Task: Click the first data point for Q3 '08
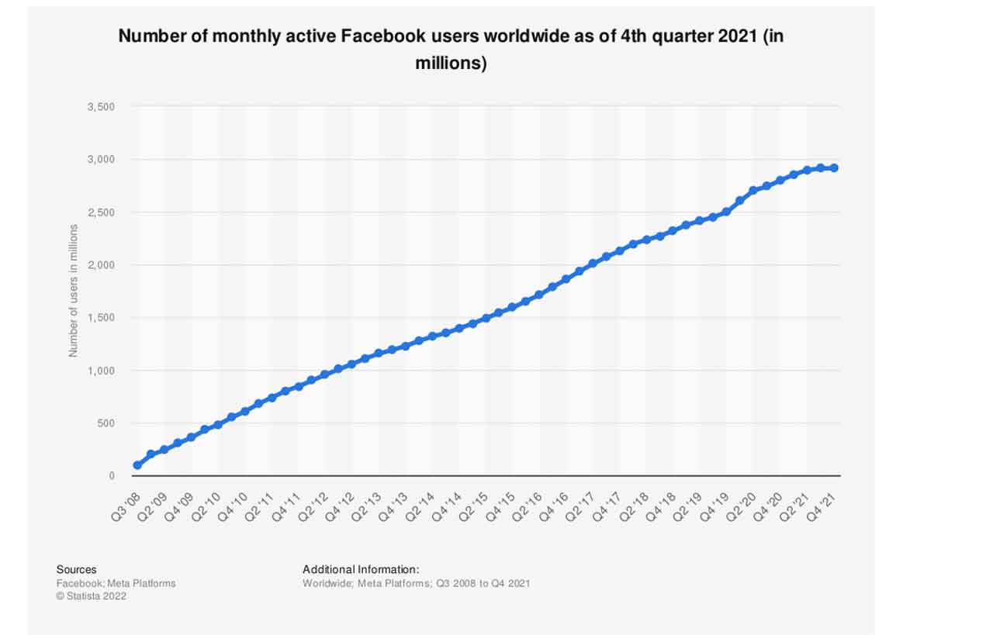137,465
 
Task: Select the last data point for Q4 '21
834,167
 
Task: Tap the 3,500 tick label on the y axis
102,106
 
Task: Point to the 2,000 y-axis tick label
102,265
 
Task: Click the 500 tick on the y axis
106,423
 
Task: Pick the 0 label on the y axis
112,476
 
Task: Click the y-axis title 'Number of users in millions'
74,290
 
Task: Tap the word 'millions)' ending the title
451,64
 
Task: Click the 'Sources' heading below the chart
76,570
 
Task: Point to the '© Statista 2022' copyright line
91,596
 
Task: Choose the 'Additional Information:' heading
361,570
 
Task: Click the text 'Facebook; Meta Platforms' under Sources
116,583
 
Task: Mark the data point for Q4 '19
726,211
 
